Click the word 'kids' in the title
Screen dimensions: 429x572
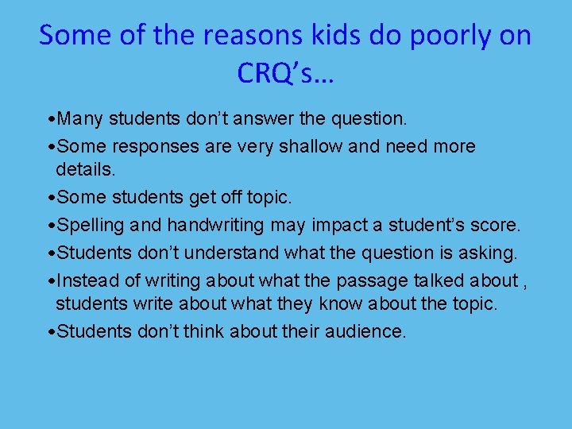[328, 36]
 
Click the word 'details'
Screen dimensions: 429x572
[87, 170]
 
